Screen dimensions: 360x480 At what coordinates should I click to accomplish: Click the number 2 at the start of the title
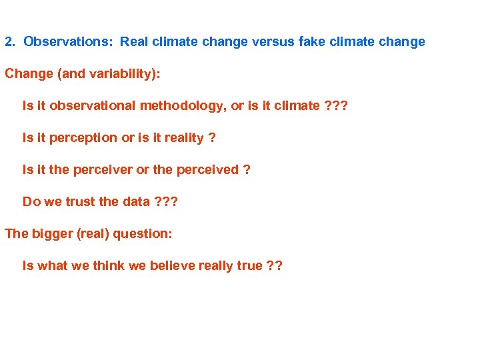pos(9,41)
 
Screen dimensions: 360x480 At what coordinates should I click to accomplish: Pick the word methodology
pos(190,106)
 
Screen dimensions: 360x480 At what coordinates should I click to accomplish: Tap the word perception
pos(81,138)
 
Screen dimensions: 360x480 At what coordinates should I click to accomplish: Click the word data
pos(137,202)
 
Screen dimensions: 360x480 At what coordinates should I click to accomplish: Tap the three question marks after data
pos(166,202)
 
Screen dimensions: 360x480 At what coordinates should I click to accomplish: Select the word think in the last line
pos(108,266)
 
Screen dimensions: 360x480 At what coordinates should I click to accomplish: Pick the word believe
pos(173,266)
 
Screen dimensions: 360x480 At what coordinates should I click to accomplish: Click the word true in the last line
pos(249,266)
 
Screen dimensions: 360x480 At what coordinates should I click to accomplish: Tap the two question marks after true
pos(274,266)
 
